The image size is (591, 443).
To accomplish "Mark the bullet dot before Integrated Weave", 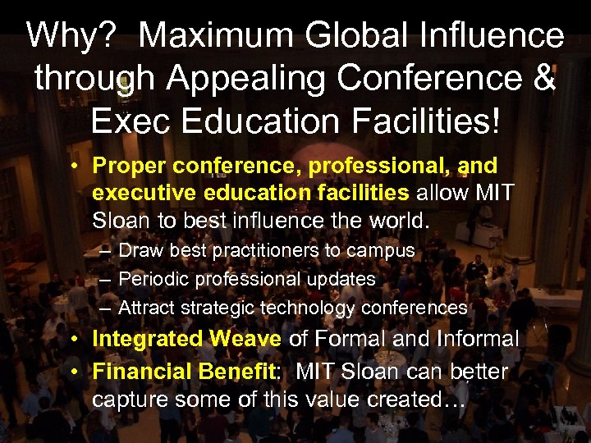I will pos(75,339).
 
